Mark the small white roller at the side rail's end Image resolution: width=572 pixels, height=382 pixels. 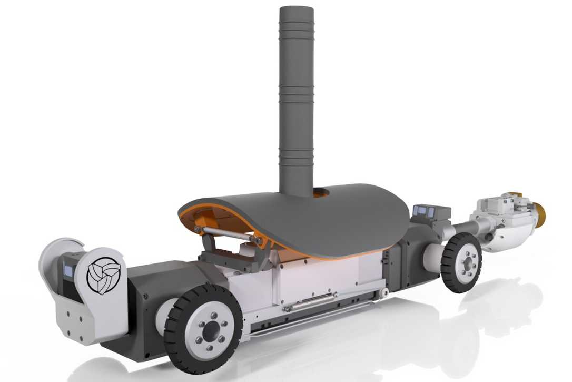click(386, 292)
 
